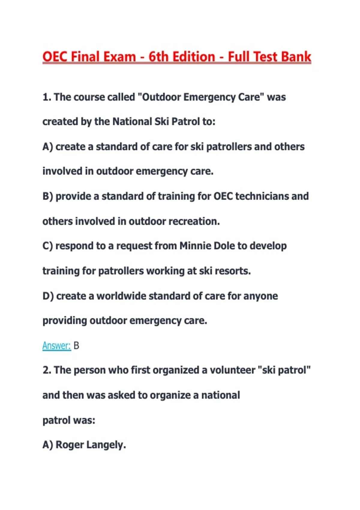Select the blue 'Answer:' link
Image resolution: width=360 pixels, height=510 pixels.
click(x=56, y=346)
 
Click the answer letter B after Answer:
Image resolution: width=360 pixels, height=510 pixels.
click(x=76, y=346)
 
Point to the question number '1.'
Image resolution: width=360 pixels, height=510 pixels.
click(x=47, y=97)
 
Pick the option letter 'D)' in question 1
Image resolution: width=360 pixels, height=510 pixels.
click(x=48, y=296)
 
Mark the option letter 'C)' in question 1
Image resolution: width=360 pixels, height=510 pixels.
click(x=48, y=246)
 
